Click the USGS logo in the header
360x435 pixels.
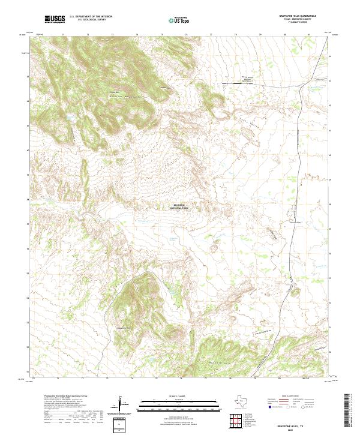(x=54, y=19)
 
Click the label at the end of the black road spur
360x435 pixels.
(x=248, y=79)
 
